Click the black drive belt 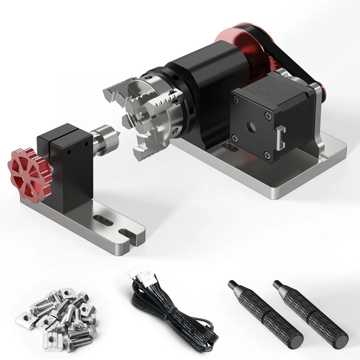[x=299, y=63]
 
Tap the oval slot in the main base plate [x=230, y=148]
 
